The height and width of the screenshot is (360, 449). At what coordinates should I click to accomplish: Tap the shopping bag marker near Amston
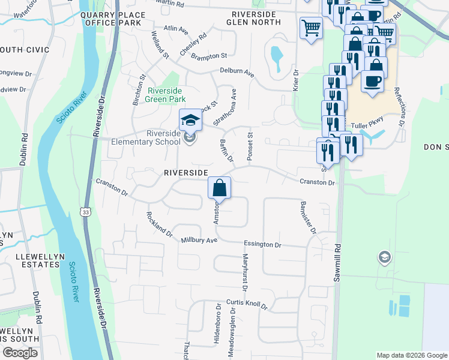[220, 188]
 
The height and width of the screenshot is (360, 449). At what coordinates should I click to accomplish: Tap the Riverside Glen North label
[253, 17]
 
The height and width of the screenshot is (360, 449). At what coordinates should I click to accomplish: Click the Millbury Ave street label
[199, 240]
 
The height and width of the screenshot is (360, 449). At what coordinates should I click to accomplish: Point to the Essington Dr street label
[262, 245]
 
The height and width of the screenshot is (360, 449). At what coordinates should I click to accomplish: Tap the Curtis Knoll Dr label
[247, 304]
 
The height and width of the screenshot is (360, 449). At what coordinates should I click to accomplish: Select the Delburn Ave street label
[237, 74]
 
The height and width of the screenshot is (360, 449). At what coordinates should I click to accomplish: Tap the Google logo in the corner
[20, 353]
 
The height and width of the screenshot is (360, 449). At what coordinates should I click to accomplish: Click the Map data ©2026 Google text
[411, 355]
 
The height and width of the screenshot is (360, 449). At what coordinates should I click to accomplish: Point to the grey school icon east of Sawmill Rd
[383, 258]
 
